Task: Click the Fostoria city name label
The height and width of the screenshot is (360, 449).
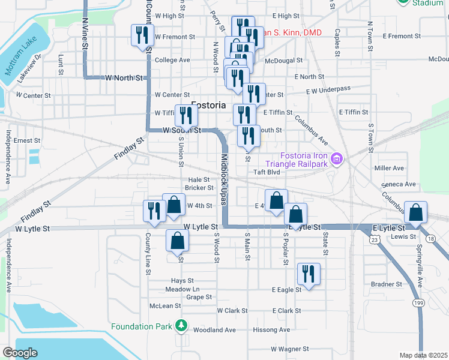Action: coord(208,105)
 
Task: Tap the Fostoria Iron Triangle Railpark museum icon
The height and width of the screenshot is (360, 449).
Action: coord(337,159)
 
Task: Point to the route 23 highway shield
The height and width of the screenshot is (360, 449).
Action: coord(374,239)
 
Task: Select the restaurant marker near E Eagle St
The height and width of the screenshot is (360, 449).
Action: coord(309,274)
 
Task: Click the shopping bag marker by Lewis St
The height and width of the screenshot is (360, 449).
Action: coord(415,211)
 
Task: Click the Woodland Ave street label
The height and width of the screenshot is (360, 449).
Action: coord(214,330)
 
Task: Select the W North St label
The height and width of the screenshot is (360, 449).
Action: coord(124,78)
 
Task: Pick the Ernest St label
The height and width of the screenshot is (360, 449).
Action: coord(27,140)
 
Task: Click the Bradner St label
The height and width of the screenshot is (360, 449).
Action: coord(386,284)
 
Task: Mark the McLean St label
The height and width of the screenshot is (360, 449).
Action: coord(165,306)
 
